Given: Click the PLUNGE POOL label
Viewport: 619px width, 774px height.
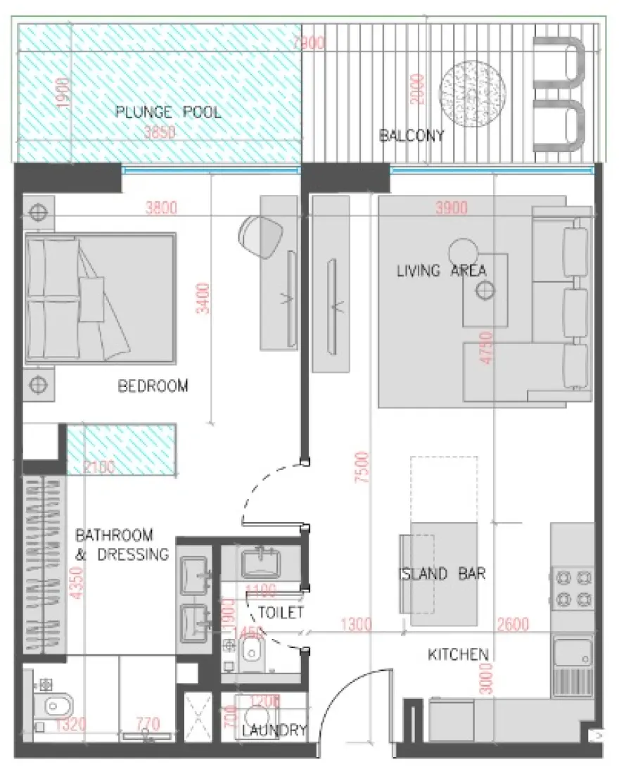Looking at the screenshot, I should point(168,112).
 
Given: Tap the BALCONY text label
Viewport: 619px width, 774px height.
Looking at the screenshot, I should point(411,136).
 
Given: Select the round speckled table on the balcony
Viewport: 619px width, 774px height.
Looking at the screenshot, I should point(473,89).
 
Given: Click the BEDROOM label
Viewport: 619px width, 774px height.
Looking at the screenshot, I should point(153,386).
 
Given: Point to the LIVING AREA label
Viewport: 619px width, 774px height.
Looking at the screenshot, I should point(442,271).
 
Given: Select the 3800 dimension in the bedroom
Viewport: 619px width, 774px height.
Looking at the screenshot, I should point(162,208).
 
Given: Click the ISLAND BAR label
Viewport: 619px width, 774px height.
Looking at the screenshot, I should point(442,574).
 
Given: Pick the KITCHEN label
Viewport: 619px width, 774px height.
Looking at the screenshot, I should point(458,655).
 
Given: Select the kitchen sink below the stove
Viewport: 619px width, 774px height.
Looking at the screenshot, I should point(573,652).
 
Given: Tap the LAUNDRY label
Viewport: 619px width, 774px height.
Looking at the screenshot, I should point(274,730).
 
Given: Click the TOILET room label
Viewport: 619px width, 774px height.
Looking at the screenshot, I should point(280,612).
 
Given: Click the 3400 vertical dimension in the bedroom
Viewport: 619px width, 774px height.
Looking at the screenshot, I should point(203,300).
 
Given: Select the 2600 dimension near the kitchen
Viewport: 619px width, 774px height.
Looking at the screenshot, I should point(513,623).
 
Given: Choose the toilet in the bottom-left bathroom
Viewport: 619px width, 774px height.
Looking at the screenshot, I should point(53,705).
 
